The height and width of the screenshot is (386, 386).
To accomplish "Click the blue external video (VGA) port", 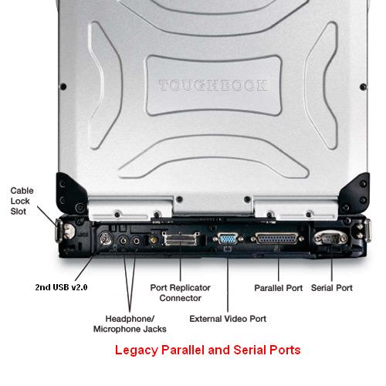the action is pos(228,239).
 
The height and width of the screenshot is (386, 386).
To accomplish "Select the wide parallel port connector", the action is pos(277,239).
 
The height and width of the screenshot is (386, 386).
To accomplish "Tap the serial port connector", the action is pos(331,239).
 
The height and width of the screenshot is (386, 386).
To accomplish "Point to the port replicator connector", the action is pos(181,239).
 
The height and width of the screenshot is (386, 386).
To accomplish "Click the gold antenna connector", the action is pos(154,241).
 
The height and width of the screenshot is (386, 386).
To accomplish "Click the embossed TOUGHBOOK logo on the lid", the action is pos(213,86).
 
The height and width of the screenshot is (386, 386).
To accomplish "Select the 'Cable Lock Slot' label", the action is pos(22,201).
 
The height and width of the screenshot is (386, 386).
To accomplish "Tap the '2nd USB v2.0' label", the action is pos(61,287).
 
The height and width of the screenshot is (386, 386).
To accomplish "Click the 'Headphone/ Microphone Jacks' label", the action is pos(130,323).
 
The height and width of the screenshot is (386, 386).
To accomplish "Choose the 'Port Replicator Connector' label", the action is pos(180,293).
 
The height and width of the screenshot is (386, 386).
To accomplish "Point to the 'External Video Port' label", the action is pos(228,319).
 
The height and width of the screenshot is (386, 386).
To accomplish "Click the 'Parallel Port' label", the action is pos(278,288).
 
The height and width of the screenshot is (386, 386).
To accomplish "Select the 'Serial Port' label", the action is pos(332,288).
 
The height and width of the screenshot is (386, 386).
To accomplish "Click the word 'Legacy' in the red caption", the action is pos(136,351).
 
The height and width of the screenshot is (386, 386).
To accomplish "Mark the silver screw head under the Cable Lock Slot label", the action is pos(69,230).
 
